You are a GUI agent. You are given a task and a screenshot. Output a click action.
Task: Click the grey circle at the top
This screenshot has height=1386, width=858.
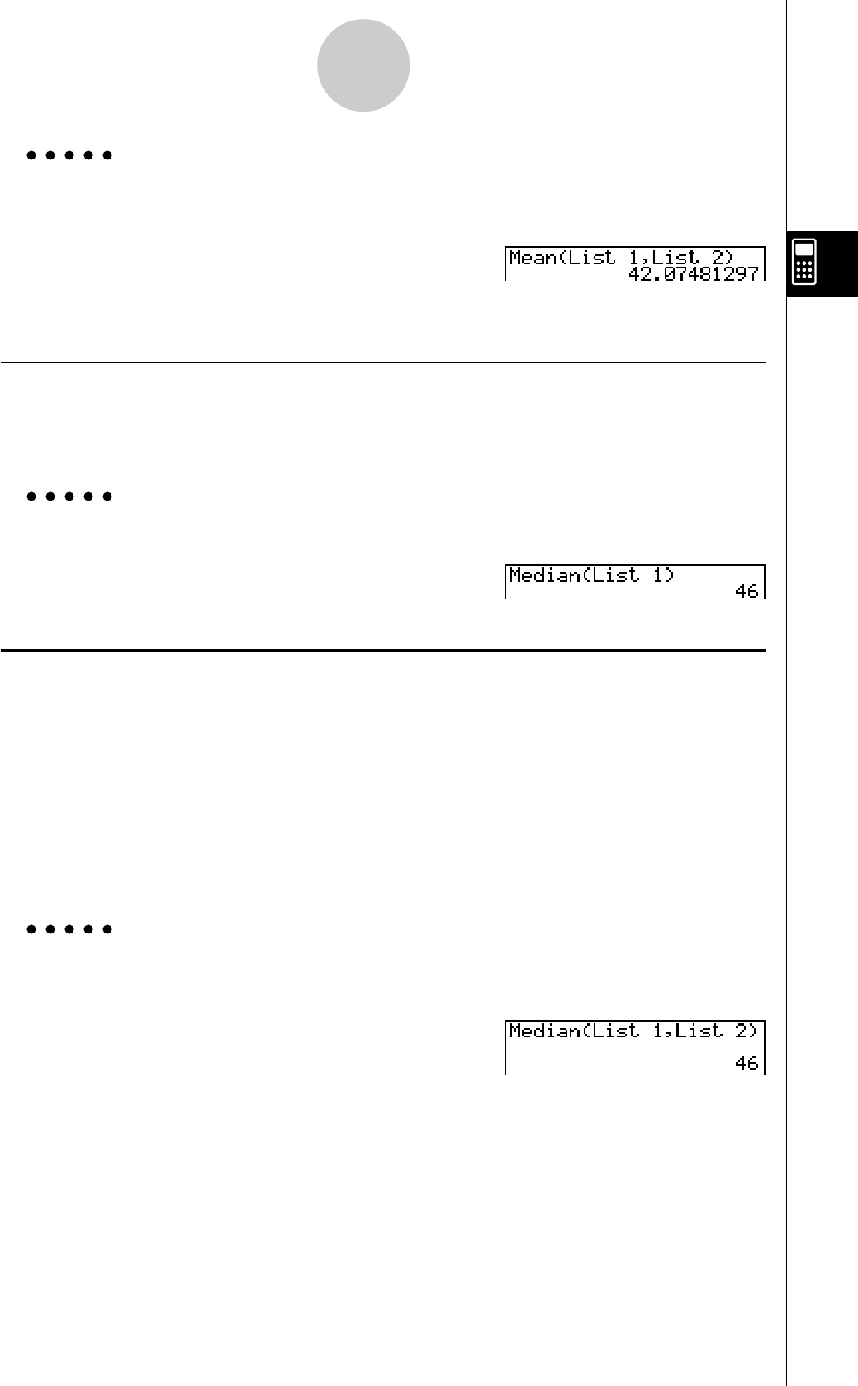[363, 65]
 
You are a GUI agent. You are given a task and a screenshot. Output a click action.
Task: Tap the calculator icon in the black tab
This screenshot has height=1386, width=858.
[804, 262]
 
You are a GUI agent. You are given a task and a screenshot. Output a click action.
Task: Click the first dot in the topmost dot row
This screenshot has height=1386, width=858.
[31, 155]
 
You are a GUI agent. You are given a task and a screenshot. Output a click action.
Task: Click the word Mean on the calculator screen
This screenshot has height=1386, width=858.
[533, 258]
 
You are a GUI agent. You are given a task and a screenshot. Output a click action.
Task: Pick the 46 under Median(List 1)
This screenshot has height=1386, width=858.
[747, 591]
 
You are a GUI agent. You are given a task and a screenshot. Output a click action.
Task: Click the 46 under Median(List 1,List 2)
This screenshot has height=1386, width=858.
[747, 1063]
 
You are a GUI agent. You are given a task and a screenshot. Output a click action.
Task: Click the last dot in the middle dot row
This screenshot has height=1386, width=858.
[107, 496]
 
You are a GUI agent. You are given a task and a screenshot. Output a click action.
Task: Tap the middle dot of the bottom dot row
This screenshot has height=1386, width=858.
[69, 929]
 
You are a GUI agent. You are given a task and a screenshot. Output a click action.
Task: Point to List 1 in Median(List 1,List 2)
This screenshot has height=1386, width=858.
[627, 1031]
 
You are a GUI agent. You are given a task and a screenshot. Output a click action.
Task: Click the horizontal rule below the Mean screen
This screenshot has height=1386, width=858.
[383, 363]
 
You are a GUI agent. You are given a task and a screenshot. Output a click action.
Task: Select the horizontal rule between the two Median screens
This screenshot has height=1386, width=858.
[383, 651]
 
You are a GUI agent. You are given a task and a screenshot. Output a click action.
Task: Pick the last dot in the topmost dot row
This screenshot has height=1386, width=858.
[107, 155]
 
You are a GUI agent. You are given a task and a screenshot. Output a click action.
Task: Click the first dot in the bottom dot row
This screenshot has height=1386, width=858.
[31, 929]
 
